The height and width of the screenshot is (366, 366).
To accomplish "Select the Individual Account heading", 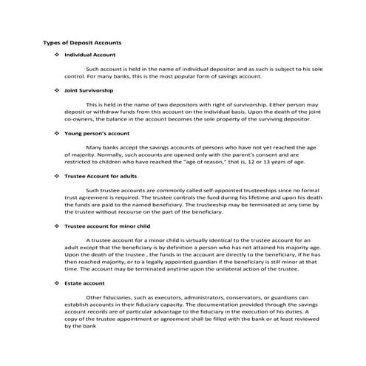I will point(89,55).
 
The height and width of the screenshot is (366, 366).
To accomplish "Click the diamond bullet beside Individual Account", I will point(57,55).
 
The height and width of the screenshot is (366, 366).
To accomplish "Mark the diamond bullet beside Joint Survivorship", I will point(57,89).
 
